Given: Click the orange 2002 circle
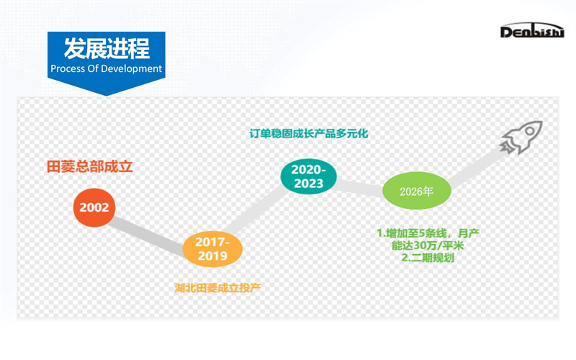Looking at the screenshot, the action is click(x=94, y=207).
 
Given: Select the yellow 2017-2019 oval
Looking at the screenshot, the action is click(x=212, y=249).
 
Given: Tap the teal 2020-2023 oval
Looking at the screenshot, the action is click(x=309, y=176).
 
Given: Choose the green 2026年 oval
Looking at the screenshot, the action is click(x=417, y=191).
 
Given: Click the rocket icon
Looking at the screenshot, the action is click(x=521, y=137).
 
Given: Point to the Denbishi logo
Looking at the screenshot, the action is click(x=532, y=30).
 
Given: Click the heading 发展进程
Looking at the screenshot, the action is click(x=107, y=48).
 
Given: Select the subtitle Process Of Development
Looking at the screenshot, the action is click(x=106, y=68).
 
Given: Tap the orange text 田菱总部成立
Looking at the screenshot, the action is click(x=89, y=167).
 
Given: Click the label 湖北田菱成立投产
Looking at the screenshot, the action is click(x=217, y=287).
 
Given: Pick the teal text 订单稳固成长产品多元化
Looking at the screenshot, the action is click(x=309, y=133).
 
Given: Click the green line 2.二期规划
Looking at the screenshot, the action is click(x=428, y=258).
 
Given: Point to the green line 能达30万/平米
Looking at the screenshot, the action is click(x=428, y=246).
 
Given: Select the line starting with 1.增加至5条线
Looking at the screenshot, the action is click(x=428, y=233).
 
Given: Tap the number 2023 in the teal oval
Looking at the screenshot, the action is click(x=309, y=184).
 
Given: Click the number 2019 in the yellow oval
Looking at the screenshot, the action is click(x=212, y=256).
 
